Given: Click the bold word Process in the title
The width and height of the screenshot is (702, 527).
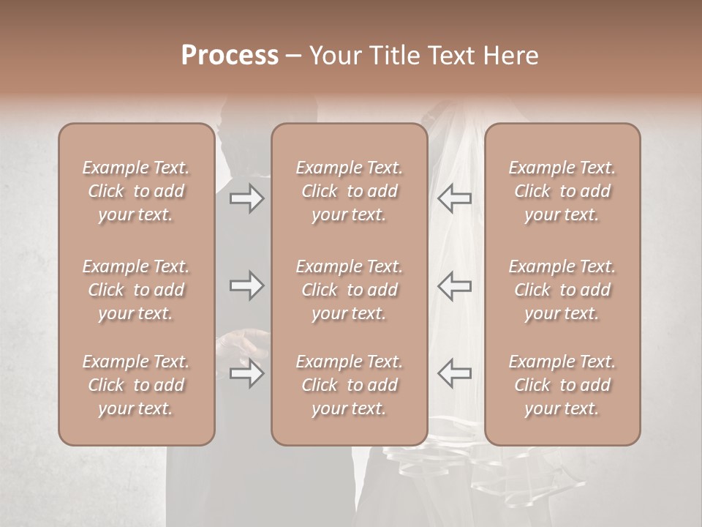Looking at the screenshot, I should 230,56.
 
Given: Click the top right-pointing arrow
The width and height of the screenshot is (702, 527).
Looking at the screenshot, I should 246,198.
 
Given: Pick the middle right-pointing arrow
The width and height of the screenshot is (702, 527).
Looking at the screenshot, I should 246,285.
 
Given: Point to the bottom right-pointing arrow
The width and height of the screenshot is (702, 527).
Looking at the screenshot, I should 246,373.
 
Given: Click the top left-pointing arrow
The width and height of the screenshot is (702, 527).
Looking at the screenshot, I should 455,198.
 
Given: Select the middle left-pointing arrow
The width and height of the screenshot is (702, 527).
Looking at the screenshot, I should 455,285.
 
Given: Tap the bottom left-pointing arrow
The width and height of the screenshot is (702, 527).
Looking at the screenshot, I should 455,373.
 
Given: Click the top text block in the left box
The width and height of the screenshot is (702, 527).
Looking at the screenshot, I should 136,191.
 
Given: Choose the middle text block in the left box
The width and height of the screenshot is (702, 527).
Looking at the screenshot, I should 136,290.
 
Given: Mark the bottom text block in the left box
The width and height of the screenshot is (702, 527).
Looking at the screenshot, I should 136,385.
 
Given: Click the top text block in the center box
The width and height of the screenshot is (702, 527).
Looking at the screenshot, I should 349,191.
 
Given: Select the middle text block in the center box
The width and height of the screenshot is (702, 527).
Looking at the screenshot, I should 349,290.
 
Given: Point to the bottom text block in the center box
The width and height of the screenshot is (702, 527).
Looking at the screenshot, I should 349,385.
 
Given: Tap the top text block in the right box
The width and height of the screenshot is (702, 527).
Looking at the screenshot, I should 562,191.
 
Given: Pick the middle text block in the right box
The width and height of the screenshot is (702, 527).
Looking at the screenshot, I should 562,290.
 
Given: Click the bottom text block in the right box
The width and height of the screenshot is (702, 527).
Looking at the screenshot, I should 562,385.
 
